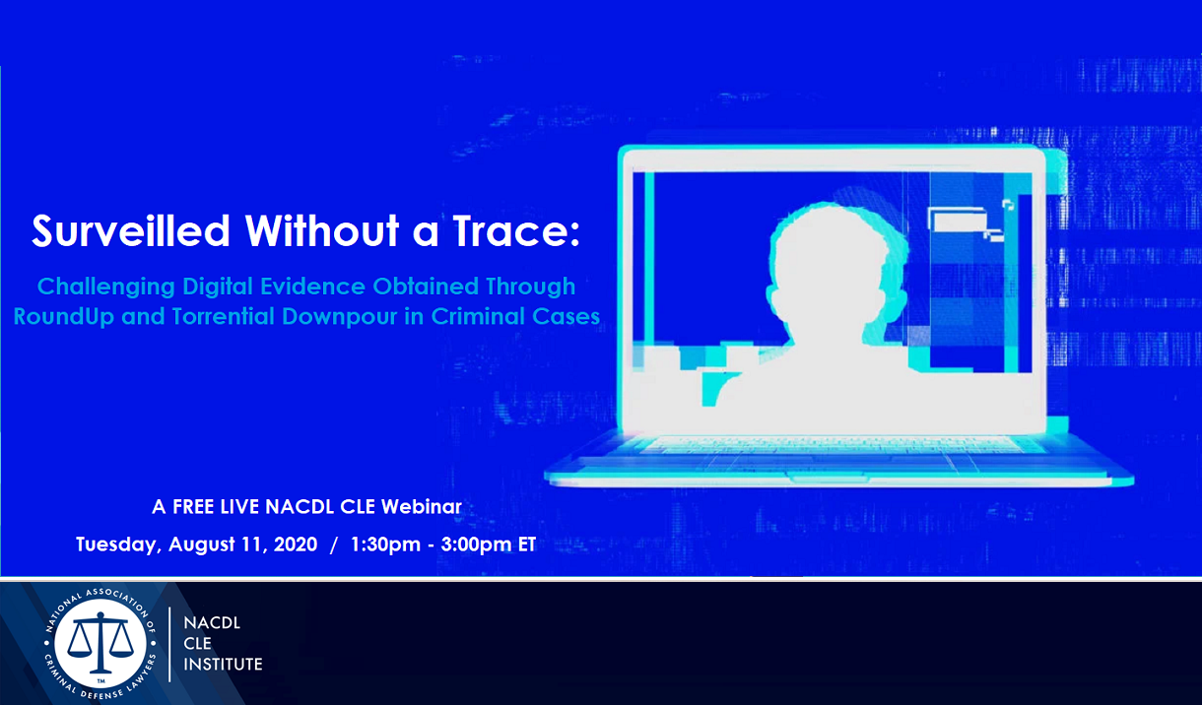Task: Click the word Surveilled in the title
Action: coord(131,231)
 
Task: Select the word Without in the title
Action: coord(322,231)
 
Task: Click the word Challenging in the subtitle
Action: coord(106,287)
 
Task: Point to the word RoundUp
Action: coord(63,316)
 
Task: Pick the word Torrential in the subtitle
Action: coord(224,316)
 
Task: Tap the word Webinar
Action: coord(422,507)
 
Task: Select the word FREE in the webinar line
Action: coord(194,507)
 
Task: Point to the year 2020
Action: coord(296,545)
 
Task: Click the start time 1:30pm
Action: coord(385,545)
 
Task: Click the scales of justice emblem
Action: coord(100,643)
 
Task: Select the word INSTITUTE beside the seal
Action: coord(223,665)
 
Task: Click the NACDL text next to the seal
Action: coord(212,623)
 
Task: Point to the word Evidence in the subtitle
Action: coord(313,287)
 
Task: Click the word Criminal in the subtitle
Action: coord(478,316)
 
